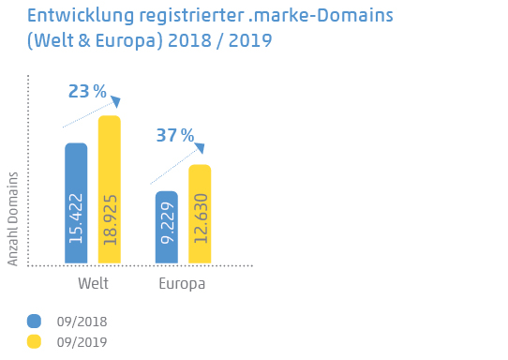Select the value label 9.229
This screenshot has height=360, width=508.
coord(166,231)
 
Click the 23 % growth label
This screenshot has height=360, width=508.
coord(87,91)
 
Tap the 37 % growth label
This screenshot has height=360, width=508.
coord(174,136)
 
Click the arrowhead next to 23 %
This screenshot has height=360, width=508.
coord(115,101)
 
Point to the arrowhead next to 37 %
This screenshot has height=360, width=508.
coord(199,148)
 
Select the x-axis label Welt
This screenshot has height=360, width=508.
coord(93,284)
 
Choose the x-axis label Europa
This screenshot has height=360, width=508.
coord(182,284)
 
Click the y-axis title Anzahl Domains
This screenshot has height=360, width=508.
coord(13,218)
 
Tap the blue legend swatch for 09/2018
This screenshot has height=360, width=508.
coord(35,321)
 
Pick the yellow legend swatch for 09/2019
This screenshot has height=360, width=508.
coord(35,341)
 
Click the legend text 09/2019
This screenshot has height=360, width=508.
coord(82,342)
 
